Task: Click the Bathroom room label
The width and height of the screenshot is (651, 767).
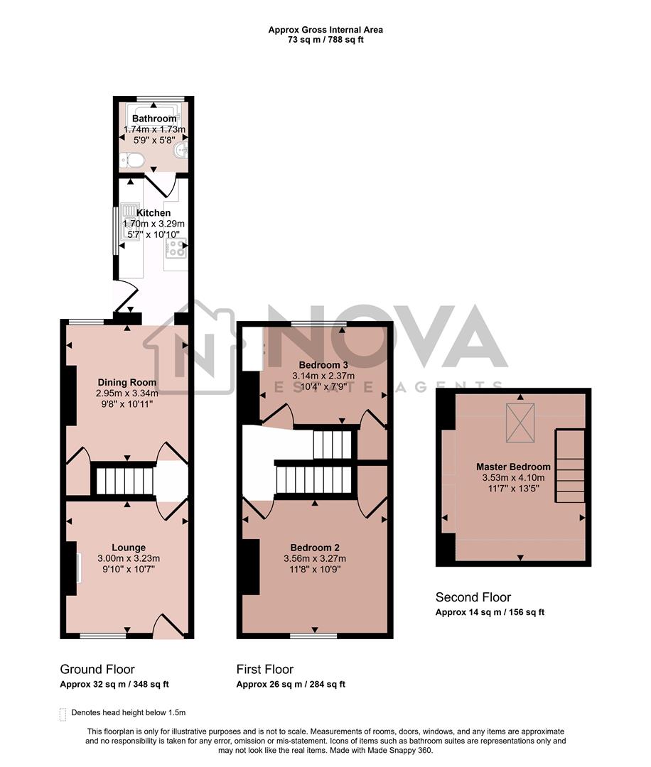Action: coord(154,119)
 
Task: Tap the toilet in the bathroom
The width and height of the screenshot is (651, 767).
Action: coord(132,160)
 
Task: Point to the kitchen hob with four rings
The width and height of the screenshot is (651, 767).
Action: coord(176,249)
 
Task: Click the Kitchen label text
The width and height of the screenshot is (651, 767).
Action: coord(154,213)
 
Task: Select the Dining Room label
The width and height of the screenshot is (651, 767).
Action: coord(127,382)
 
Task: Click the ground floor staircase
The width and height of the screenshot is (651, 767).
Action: coord(124,480)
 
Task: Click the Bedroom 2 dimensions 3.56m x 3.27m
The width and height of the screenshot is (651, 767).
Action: coord(314,558)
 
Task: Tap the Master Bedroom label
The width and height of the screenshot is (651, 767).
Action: coord(513,467)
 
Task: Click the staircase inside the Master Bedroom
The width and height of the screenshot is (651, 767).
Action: coord(570,469)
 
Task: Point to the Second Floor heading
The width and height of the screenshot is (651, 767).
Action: coord(473,597)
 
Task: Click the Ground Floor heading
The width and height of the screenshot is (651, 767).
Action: coord(97,669)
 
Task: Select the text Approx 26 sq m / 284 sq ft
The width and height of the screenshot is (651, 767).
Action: coord(291,685)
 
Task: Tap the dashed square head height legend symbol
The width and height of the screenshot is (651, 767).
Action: coord(63,712)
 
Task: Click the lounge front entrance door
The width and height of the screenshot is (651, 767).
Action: coord(168,628)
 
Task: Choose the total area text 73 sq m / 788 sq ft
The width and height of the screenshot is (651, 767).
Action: coord(325,40)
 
